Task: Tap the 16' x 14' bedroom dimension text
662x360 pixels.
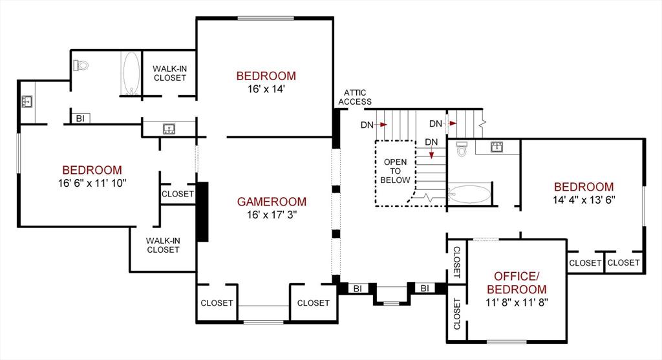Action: pyautogui.click(x=265, y=89)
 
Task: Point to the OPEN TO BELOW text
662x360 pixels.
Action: pyautogui.click(x=395, y=171)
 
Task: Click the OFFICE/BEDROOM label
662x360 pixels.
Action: pyautogui.click(x=516, y=283)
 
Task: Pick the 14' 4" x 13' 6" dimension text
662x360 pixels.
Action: pyautogui.click(x=583, y=200)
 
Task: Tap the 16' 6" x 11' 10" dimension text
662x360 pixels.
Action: pyautogui.click(x=91, y=184)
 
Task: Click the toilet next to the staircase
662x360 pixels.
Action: pyautogui.click(x=462, y=149)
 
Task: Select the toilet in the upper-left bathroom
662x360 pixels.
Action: pyautogui.click(x=81, y=65)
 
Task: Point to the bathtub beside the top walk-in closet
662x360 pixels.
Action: pyautogui.click(x=131, y=74)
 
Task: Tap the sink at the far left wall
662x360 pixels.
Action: pyautogui.click(x=28, y=101)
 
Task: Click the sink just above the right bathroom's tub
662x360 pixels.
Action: pyautogui.click(x=497, y=146)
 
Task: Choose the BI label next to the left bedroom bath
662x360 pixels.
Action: pyautogui.click(x=81, y=118)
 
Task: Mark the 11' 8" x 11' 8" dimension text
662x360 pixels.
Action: pyautogui.click(x=516, y=302)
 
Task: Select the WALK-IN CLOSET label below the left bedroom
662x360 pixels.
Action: pyautogui.click(x=163, y=245)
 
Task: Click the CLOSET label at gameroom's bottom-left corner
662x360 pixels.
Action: pyautogui.click(x=217, y=303)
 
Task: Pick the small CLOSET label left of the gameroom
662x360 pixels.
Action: pyautogui.click(x=178, y=194)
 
